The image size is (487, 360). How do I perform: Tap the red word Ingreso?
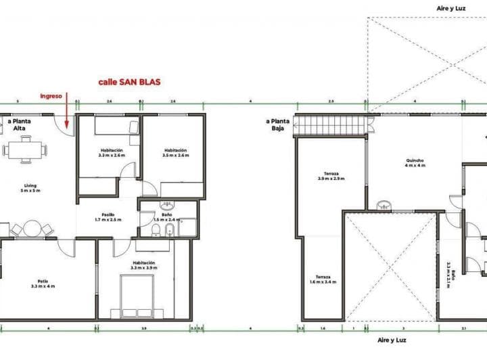pyautogui.click(x=51, y=96)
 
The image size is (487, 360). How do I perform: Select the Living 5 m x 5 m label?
pyautogui.click(x=30, y=189)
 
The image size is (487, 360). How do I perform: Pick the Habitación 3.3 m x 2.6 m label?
pyautogui.click(x=112, y=152)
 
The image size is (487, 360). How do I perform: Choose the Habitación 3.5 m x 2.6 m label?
pyautogui.click(x=175, y=152)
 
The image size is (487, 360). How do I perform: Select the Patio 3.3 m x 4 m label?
pyautogui.click(x=43, y=284)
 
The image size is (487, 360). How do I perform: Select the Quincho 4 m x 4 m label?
pyautogui.click(x=415, y=163)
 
